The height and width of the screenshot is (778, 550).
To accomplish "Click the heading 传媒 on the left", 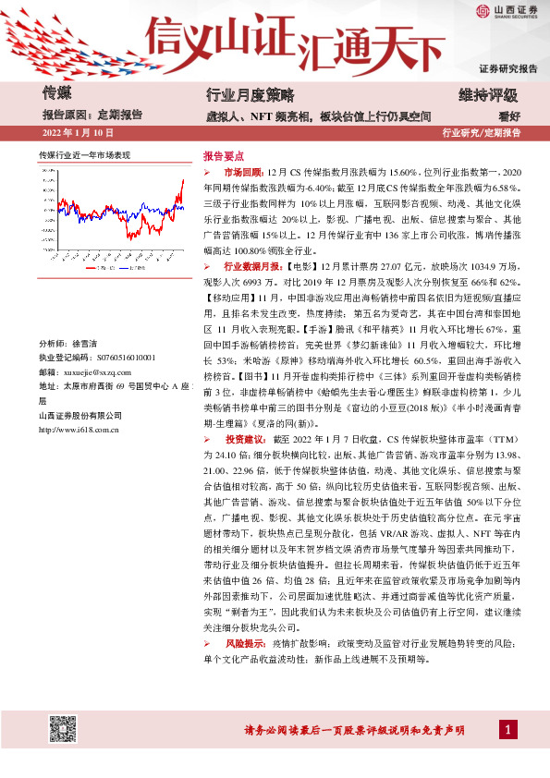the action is point(56,92).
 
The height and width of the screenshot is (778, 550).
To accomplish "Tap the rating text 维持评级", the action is point(488,95).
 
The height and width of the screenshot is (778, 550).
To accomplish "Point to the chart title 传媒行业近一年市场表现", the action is point(84,154).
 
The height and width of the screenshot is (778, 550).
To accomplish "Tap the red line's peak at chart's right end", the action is point(183,181).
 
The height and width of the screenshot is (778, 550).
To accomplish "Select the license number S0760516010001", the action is point(115,356).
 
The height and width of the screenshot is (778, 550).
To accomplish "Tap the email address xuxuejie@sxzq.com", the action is point(98,370).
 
